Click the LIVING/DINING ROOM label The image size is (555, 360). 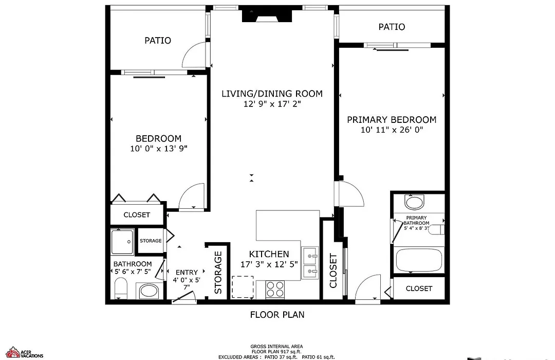tap(272, 94)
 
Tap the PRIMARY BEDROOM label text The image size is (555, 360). tap(392, 120)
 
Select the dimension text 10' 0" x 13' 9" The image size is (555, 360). tap(159, 149)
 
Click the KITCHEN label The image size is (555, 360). tap(269, 254)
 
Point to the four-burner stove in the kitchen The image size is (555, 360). tap(275, 290)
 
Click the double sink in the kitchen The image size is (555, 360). tap(310, 263)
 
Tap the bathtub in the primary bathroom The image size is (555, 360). tap(419, 260)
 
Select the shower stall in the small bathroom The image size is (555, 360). tap(122, 242)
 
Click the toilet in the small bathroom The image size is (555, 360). tap(121, 289)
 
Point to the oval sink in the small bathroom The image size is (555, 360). tap(150, 291)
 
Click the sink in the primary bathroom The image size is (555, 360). tap(414, 203)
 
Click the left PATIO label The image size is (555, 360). tap(158, 41)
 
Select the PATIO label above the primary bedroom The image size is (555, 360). tap(392, 27)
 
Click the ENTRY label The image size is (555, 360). tap(187, 273)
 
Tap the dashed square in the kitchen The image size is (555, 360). tap(243, 287)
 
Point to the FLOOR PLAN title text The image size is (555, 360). tap(277, 315)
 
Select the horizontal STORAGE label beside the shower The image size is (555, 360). tap(151, 241)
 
